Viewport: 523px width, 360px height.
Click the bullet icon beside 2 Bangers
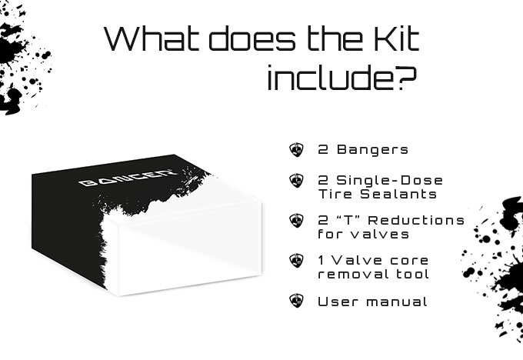click(x=297, y=149)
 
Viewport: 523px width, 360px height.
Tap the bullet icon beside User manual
click(x=297, y=301)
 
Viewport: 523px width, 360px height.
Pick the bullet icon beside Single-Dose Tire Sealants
click(x=297, y=181)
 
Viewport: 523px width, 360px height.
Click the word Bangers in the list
click(x=372, y=150)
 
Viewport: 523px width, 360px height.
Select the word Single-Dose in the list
click(x=390, y=180)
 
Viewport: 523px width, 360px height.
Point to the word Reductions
click(x=417, y=220)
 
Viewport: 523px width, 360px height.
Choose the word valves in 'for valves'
click(x=380, y=234)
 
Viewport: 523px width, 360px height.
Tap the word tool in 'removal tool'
click(x=412, y=274)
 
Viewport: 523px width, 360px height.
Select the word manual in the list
click(x=397, y=302)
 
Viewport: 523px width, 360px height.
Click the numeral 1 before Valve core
click(x=321, y=260)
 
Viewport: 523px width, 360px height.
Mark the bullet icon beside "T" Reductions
click(x=297, y=221)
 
